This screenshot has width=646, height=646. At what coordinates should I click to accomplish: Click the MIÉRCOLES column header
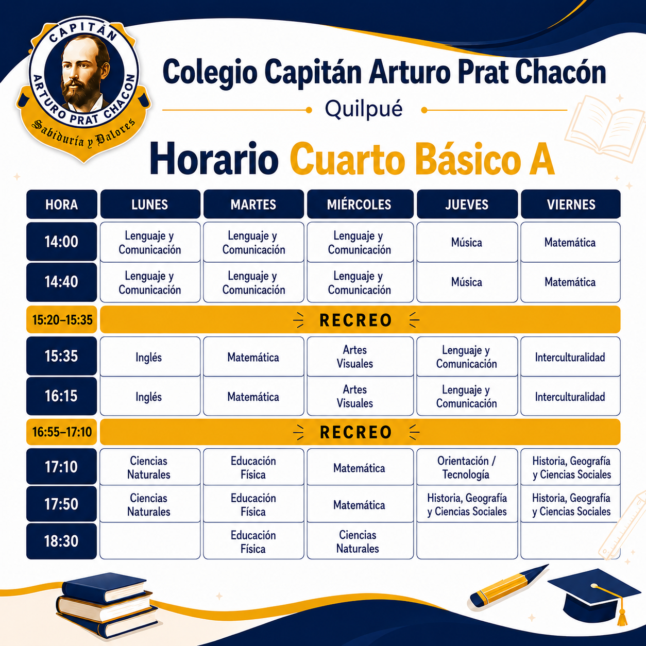point(360,204)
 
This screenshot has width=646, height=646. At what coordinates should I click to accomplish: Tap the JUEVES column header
point(467,204)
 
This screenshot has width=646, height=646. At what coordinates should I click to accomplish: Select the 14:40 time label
point(62,282)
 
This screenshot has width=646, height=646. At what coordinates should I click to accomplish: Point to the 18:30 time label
point(62,541)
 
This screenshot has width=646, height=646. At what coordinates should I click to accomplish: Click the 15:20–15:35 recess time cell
point(62,319)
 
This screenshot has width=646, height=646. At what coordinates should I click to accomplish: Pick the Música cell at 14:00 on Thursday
point(467,242)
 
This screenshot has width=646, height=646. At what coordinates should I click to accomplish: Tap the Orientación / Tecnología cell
point(467,467)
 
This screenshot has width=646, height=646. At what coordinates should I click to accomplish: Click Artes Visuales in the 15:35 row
point(360,356)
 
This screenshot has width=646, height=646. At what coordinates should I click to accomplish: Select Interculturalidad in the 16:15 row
point(570,397)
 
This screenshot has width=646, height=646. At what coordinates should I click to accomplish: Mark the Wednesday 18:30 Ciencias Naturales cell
point(360,541)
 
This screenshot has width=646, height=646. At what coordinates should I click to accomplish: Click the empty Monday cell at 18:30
point(150,541)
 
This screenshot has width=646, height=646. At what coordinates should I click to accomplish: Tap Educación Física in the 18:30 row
point(253,541)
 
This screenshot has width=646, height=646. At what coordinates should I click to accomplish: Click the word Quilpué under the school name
point(364,109)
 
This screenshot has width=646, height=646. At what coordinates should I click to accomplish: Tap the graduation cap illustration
point(594,596)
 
